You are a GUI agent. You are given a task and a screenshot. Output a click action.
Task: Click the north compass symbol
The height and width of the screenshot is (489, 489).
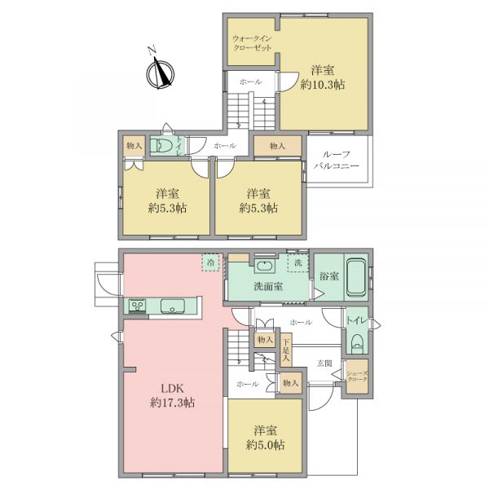pos(160,72)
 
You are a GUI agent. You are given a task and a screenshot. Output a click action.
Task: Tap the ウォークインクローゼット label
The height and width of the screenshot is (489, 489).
pos(252,43)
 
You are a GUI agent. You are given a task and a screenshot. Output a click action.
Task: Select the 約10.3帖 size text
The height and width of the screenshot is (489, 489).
pos(323,85)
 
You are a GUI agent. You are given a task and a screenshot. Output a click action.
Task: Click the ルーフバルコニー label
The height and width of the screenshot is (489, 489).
pos(336,160)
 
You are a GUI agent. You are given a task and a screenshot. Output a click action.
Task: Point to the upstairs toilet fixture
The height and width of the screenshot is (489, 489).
pos(161,145)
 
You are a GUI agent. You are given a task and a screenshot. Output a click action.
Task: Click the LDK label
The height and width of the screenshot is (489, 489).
pos(172,389)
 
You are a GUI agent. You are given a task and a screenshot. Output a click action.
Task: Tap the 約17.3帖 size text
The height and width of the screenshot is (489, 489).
pos(172,403)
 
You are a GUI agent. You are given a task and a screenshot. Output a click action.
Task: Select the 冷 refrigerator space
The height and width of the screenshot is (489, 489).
pos(211,262)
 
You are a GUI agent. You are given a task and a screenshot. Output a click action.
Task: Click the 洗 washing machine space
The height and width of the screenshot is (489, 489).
pos(297,263)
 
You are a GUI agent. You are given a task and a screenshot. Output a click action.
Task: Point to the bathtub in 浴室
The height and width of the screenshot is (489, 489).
pos(356,277)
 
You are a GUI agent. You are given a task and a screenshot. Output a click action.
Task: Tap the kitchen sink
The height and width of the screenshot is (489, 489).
pos(173,306)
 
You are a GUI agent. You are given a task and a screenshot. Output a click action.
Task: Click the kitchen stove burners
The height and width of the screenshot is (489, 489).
pos(137,306)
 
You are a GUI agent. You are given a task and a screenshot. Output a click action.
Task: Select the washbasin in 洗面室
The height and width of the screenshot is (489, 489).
pos(265,266)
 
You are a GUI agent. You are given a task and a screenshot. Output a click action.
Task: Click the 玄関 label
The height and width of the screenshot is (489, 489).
pos(324,363)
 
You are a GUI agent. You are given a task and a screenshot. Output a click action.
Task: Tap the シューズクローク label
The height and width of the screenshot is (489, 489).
pos(358,376)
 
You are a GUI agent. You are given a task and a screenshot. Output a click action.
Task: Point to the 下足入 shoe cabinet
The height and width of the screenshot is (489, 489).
pos(286,350)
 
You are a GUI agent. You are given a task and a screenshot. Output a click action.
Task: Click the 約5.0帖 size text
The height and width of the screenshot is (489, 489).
pos(265,445)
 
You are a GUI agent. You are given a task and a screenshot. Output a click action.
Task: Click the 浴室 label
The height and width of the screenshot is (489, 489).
pos(328,276)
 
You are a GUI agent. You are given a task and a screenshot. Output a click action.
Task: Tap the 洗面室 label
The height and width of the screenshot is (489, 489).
pos(268,286)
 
